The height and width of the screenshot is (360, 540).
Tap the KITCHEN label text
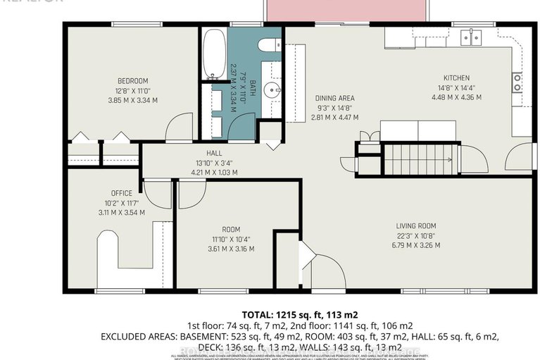pyautogui.click(x=456, y=77)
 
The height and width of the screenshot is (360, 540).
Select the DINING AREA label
pyautogui.click(x=334, y=99)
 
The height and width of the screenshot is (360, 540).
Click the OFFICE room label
pyautogui.click(x=121, y=193)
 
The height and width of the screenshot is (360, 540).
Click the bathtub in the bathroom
pyautogui.click(x=212, y=54)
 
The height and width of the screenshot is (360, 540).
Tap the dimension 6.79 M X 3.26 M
pyautogui.click(x=417, y=245)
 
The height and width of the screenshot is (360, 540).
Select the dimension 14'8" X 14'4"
pyautogui.click(x=456, y=87)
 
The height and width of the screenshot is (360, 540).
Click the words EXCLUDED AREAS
pyautogui.click(x=138, y=336)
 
